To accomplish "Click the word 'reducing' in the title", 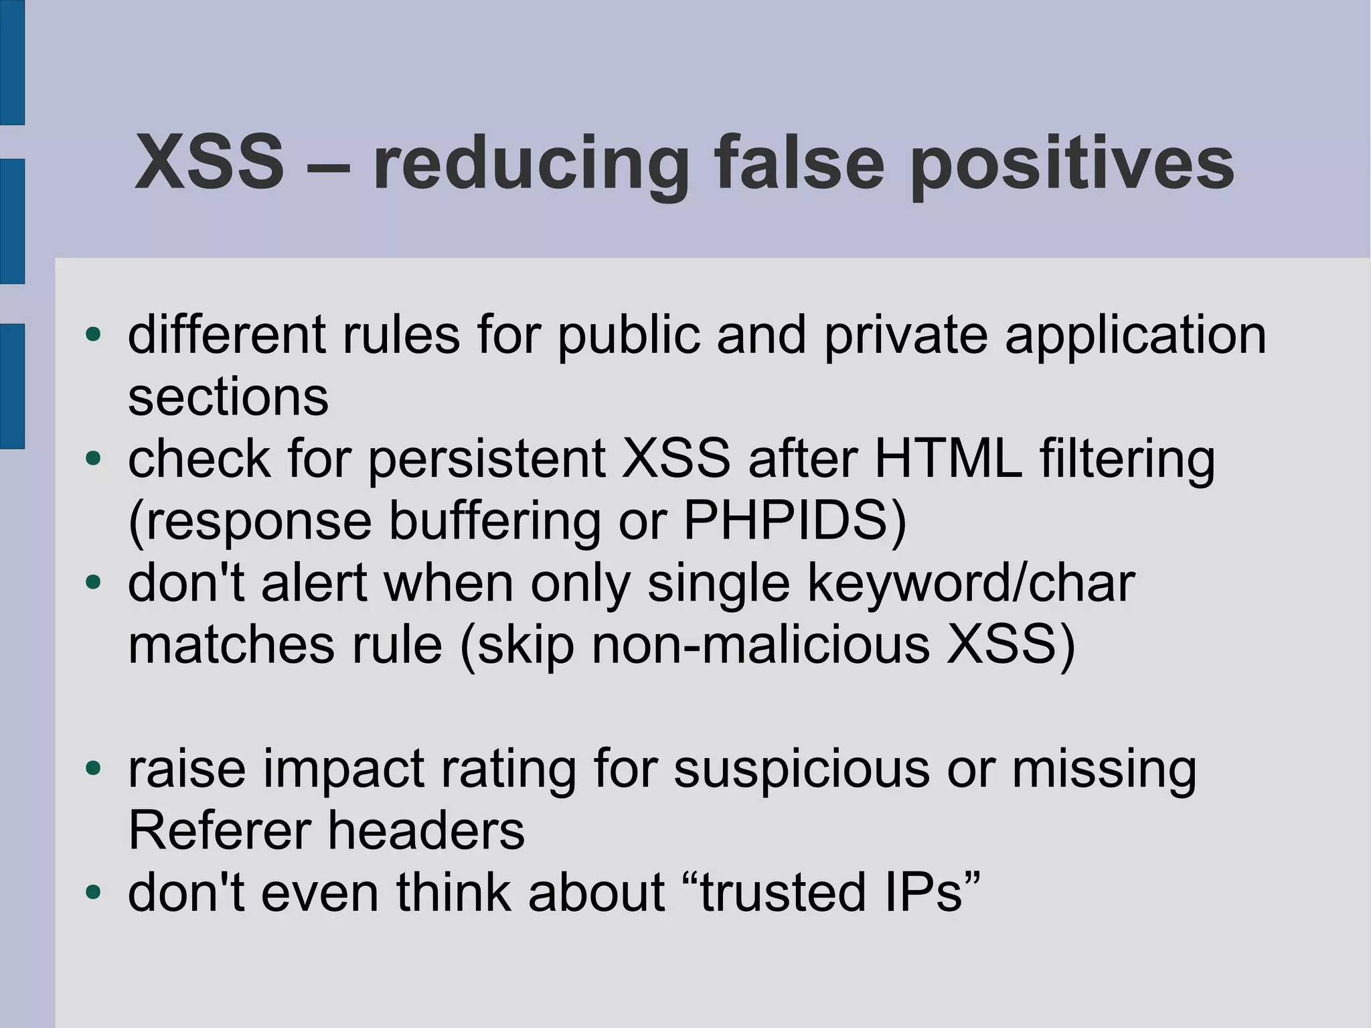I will click(530, 164).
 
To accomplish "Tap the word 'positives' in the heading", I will click(1072, 164).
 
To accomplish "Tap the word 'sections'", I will click(228, 398).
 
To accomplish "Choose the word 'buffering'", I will click(495, 522).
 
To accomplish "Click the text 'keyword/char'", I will click(971, 583).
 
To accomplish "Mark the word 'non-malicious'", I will click(760, 646).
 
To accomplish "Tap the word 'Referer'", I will click(219, 831).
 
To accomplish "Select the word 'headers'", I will click(426, 831).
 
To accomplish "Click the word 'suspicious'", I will click(801, 769).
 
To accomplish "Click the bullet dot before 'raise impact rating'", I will click(93, 768).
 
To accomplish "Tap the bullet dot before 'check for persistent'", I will click(93, 459).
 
